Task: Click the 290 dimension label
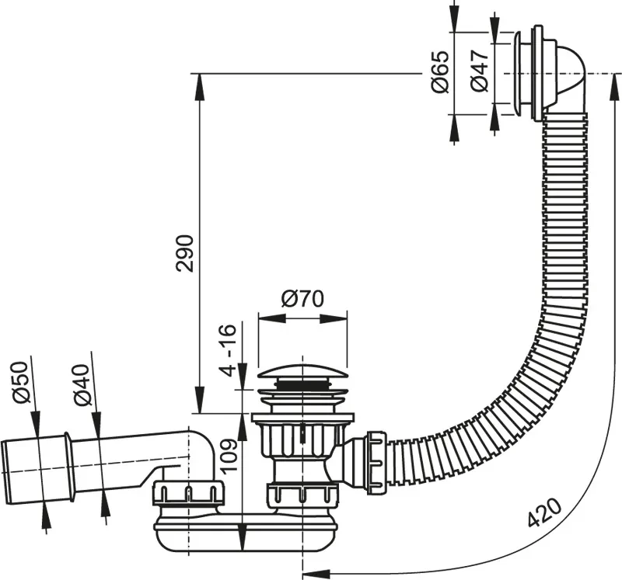[185, 254]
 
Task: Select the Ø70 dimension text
[302, 299]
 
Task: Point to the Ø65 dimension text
[440, 72]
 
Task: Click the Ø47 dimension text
[479, 71]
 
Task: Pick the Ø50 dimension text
[21, 383]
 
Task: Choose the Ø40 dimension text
[82, 385]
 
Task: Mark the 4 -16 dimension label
[229, 350]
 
